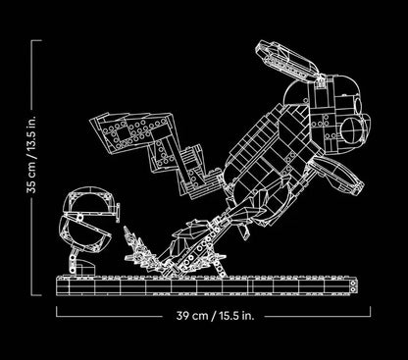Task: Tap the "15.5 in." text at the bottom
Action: pyautogui.click(x=236, y=316)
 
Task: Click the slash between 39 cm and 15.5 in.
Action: pyautogui.click(x=214, y=316)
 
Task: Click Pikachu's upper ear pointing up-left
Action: pyautogui.click(x=286, y=61)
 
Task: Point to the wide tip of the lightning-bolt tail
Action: pyautogui.click(x=130, y=131)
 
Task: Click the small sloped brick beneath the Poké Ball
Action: pyautogui.click(x=86, y=267)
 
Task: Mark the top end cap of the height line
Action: pyautogui.click(x=36, y=40)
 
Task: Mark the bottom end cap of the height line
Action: pyautogui.click(x=36, y=295)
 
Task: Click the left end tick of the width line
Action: pyautogui.click(x=57, y=311)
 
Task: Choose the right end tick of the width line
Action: pyautogui.click(x=370, y=311)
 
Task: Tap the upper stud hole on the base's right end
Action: pyautogui.click(x=353, y=283)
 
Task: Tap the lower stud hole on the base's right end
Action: pyautogui.click(x=353, y=289)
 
